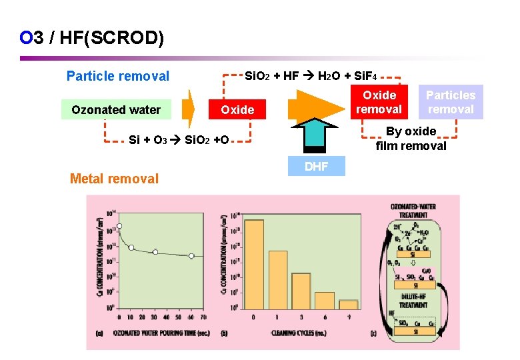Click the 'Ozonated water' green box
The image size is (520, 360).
116,110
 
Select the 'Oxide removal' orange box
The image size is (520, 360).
379,102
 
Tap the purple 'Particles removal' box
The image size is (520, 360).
451,102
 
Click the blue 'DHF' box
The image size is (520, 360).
316,167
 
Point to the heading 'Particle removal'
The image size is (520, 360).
118,76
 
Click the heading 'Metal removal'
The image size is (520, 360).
114,179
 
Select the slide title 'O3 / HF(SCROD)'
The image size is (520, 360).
92,38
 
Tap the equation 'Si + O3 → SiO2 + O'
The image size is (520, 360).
179,141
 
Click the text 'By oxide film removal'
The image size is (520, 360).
411,139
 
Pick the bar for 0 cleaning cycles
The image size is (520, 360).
254,264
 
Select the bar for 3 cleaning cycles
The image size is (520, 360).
301,291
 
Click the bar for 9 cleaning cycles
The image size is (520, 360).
347,304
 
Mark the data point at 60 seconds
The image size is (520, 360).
191,255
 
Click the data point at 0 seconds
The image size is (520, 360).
119,226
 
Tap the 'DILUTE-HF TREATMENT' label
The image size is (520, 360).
413,301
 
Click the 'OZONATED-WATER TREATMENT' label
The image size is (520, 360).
414,211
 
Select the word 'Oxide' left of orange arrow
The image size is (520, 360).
237,110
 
